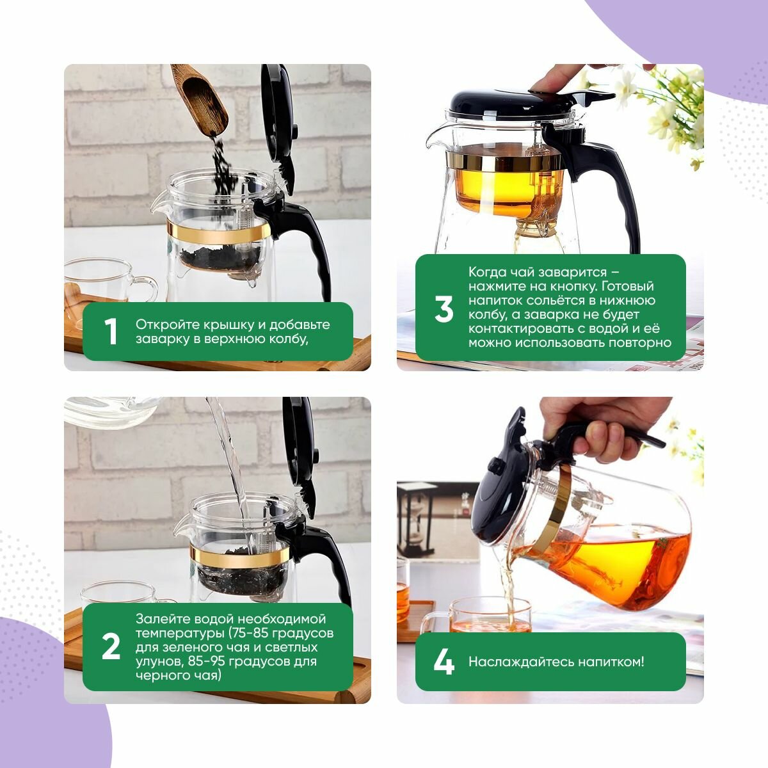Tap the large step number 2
(111, 646)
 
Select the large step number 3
(444, 309)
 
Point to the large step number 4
(444, 662)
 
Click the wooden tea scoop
(199, 98)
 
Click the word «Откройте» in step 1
(168, 325)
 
